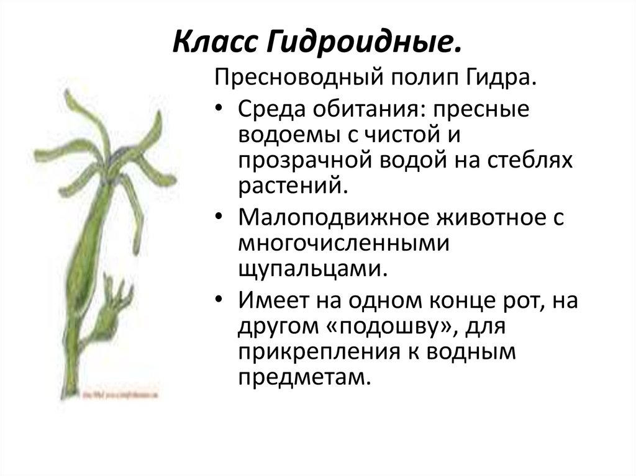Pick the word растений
[289, 184]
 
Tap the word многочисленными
[343, 244]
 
